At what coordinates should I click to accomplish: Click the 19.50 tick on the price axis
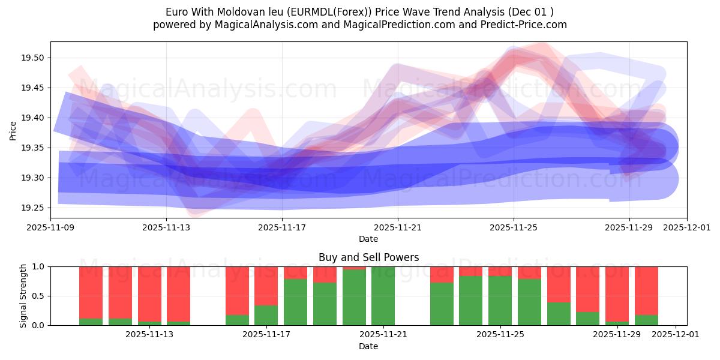pos(35,58)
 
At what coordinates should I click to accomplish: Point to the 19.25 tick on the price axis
pos(35,208)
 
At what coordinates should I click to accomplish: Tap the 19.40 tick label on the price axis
pos(35,118)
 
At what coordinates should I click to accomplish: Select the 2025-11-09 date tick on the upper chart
pos(50,228)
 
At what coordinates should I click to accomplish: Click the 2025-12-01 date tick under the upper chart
pos(687,228)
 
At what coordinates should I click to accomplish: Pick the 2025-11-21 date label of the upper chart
pos(397,228)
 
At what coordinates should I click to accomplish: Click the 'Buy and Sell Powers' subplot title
pos(368,258)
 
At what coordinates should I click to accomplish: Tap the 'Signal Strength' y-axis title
pos(23,296)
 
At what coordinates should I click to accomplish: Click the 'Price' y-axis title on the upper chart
pos(13,130)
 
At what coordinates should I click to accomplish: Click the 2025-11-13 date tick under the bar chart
pos(149,335)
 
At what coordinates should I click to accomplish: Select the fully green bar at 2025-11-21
pos(383,296)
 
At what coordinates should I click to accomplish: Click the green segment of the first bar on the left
pos(91,322)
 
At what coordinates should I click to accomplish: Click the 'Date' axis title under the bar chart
pos(368,346)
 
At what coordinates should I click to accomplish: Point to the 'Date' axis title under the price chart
pos(368,239)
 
